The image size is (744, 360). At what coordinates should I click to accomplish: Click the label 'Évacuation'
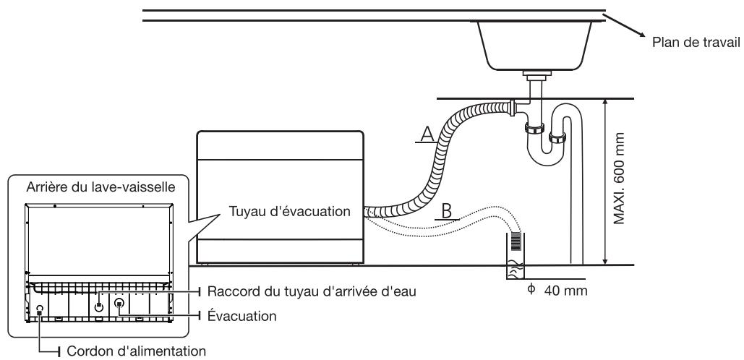click(x=236, y=316)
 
